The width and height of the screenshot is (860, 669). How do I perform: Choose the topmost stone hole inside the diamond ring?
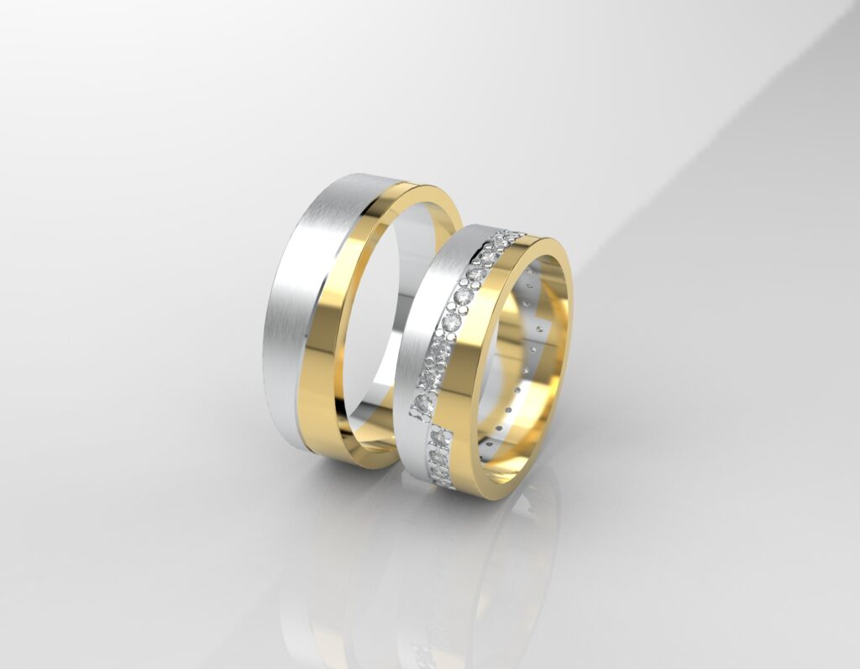click(x=527, y=273)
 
